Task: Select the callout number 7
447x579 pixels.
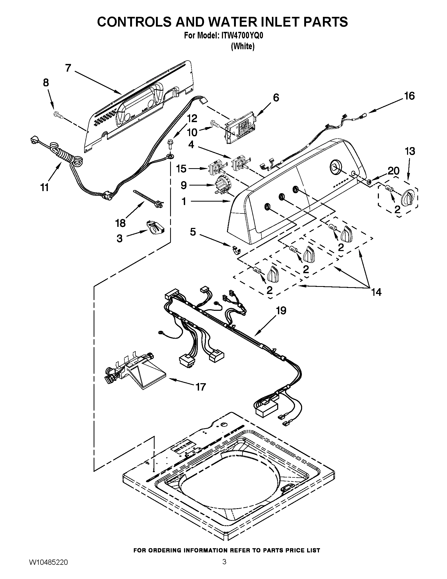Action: coord(68,68)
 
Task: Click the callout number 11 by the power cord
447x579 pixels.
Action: coord(44,188)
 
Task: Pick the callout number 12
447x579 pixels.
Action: coord(192,118)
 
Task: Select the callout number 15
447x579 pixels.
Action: coord(182,169)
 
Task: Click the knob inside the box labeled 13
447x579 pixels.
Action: coord(408,197)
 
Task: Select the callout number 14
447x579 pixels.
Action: coord(376,292)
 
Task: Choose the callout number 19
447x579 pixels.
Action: coord(281,311)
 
